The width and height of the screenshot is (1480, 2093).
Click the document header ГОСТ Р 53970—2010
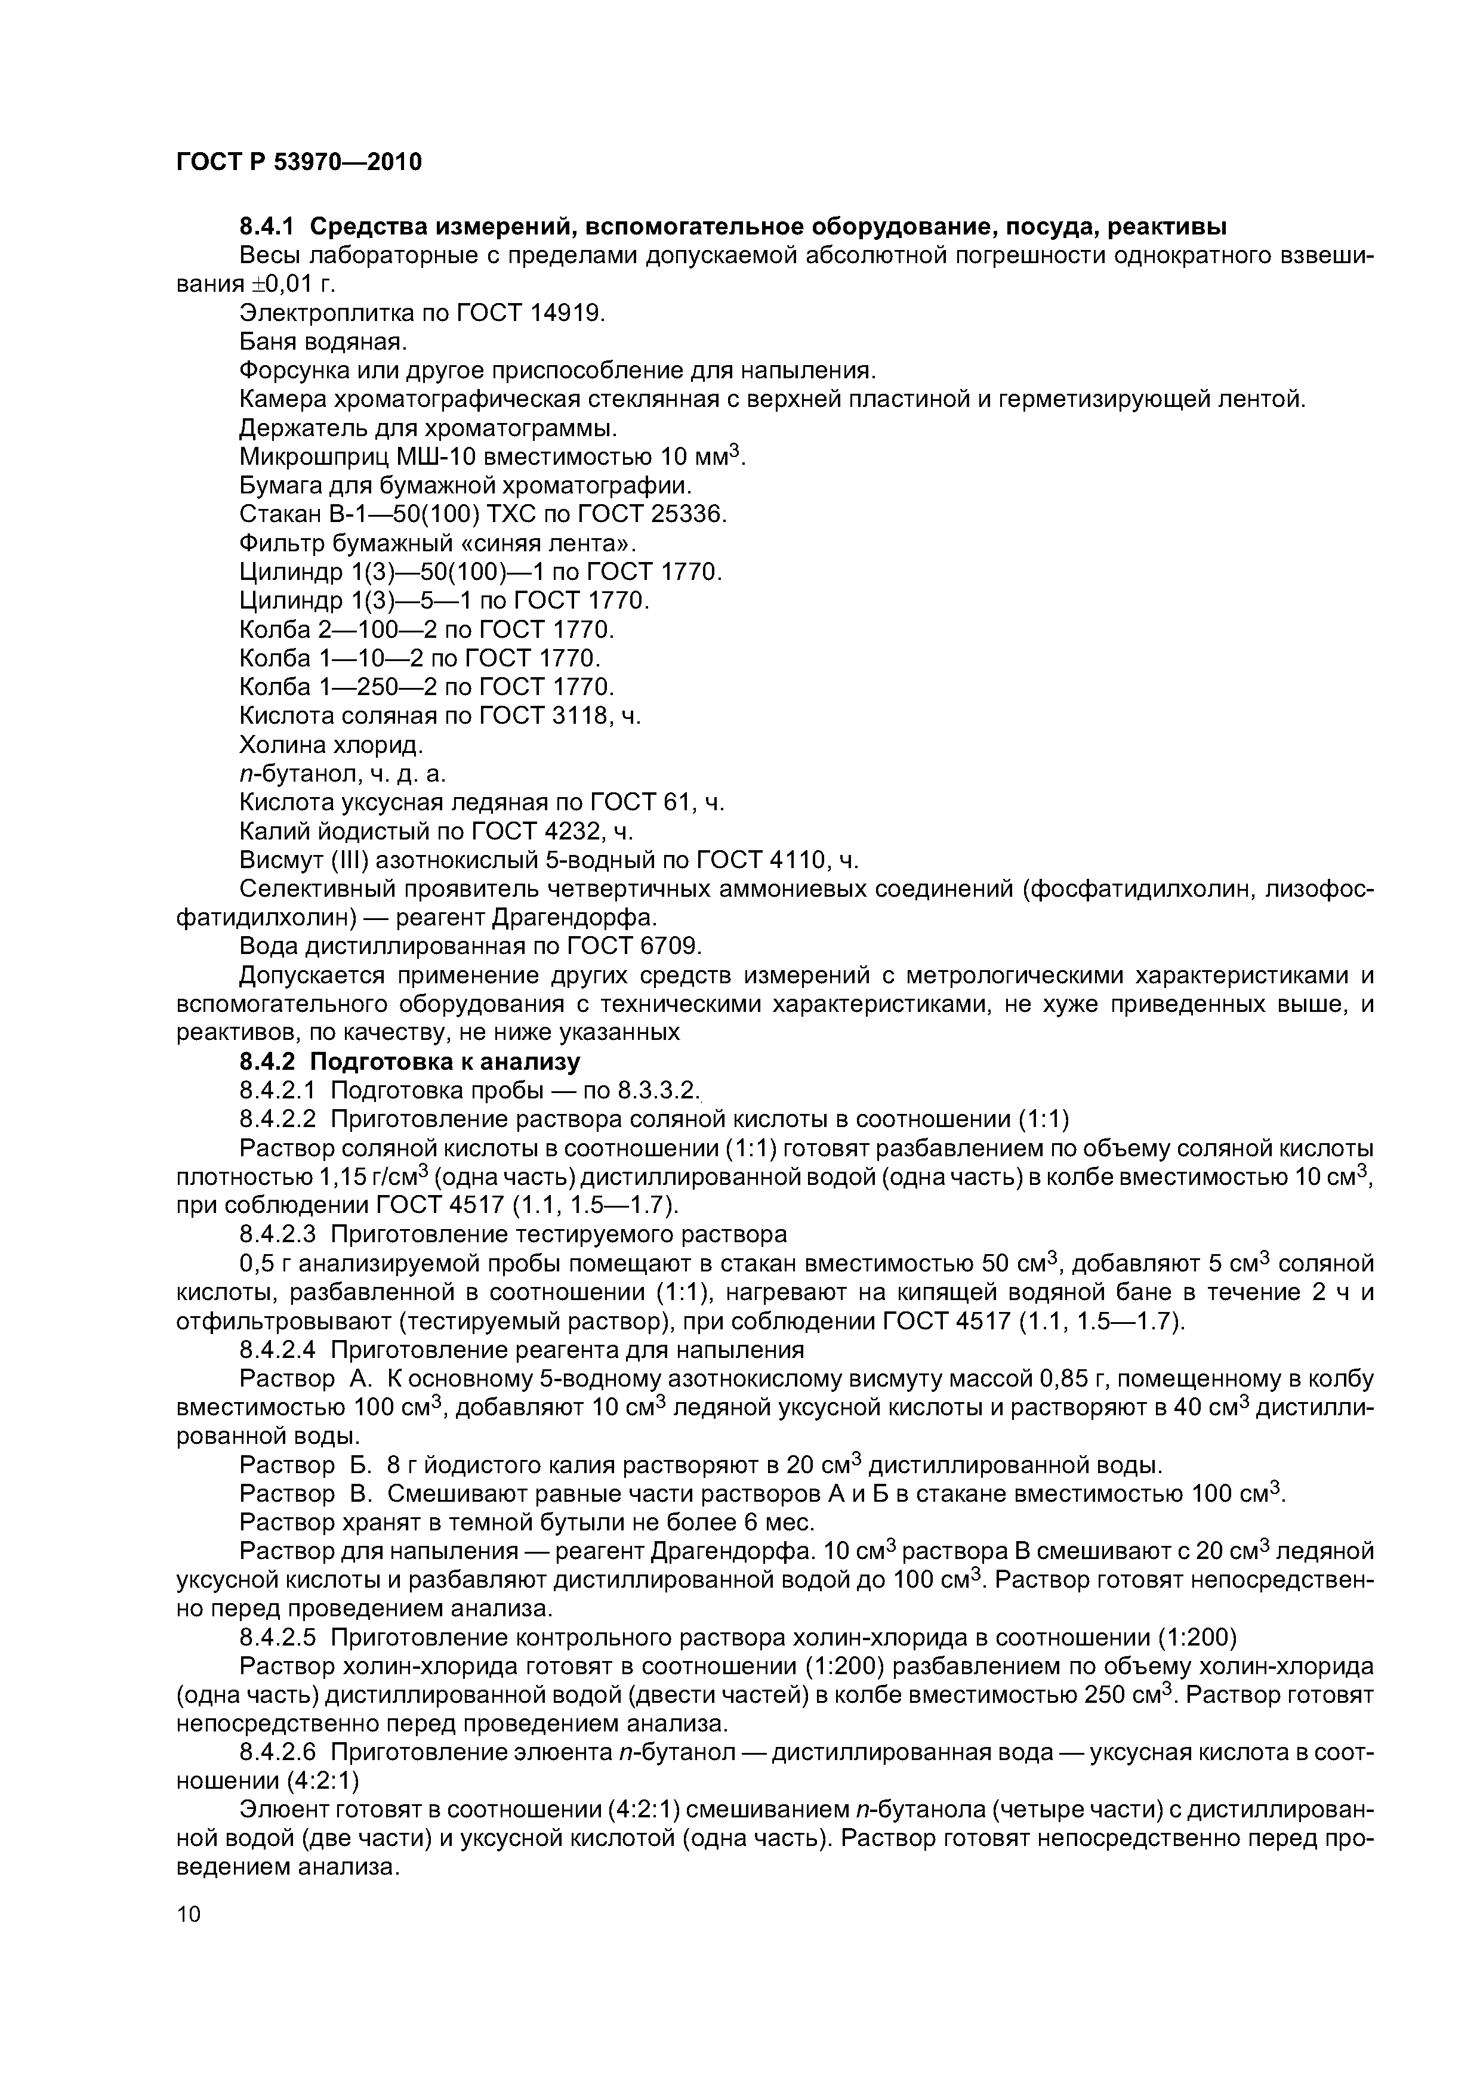coord(298,162)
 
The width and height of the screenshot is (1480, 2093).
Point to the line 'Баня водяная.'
coord(322,342)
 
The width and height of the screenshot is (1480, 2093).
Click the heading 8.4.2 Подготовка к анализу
coord(409,1062)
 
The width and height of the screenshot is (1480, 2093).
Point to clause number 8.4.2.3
coord(277,1234)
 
